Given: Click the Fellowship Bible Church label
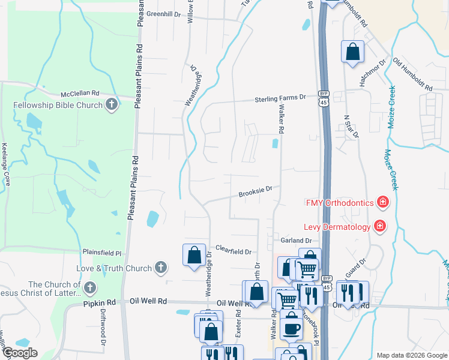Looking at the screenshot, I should coord(58,106).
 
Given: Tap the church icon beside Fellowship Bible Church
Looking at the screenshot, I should coord(111,106).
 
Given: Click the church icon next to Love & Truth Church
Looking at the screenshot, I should coord(160,267).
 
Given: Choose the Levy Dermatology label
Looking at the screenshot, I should coord(339,226).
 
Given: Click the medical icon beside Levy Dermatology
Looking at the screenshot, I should coord(379,226).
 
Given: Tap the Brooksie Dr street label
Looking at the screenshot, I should coord(256,192).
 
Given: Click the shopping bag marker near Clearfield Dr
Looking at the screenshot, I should coord(194,255).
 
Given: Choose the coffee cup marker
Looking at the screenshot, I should coord(292,328).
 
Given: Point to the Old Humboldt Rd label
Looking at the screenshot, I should coord(412,74).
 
